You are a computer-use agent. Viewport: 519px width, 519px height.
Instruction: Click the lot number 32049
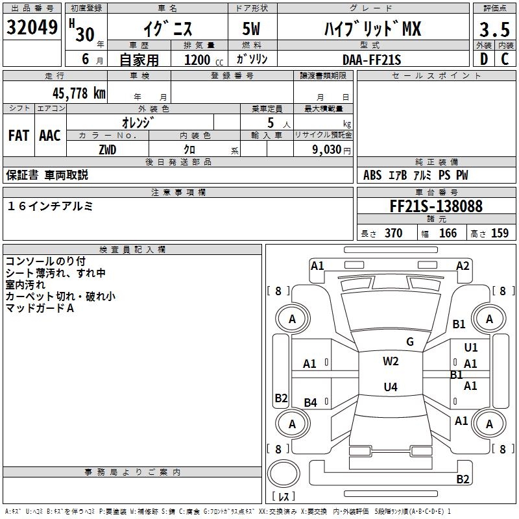[x=32, y=28]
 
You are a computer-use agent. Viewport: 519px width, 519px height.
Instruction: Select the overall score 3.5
[x=494, y=30]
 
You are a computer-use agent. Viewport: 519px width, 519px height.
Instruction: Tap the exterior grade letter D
[x=483, y=58]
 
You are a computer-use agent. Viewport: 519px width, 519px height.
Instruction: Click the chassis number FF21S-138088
[x=435, y=206]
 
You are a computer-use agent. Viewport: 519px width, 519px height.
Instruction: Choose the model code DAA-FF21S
[x=372, y=59]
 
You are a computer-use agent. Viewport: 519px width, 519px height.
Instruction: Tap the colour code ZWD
[x=108, y=149]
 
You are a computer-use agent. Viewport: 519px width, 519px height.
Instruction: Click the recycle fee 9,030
[x=328, y=150]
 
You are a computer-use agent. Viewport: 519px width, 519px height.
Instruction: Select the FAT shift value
[x=18, y=135]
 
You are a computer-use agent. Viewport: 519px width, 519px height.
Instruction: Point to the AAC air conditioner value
[x=50, y=135]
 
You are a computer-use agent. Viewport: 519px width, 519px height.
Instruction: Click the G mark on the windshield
[x=409, y=341]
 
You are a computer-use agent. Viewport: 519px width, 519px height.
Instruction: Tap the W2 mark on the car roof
[x=391, y=361]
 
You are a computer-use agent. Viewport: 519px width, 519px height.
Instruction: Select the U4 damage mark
[x=391, y=387]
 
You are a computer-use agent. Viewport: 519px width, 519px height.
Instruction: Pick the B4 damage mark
[x=310, y=403]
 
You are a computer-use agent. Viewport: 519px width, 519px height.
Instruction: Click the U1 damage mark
[x=471, y=348]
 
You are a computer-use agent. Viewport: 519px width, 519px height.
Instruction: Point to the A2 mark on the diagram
[x=463, y=265]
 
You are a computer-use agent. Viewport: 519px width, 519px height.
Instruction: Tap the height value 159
[x=500, y=234]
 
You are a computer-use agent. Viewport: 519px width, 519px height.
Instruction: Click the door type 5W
[x=252, y=30]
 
